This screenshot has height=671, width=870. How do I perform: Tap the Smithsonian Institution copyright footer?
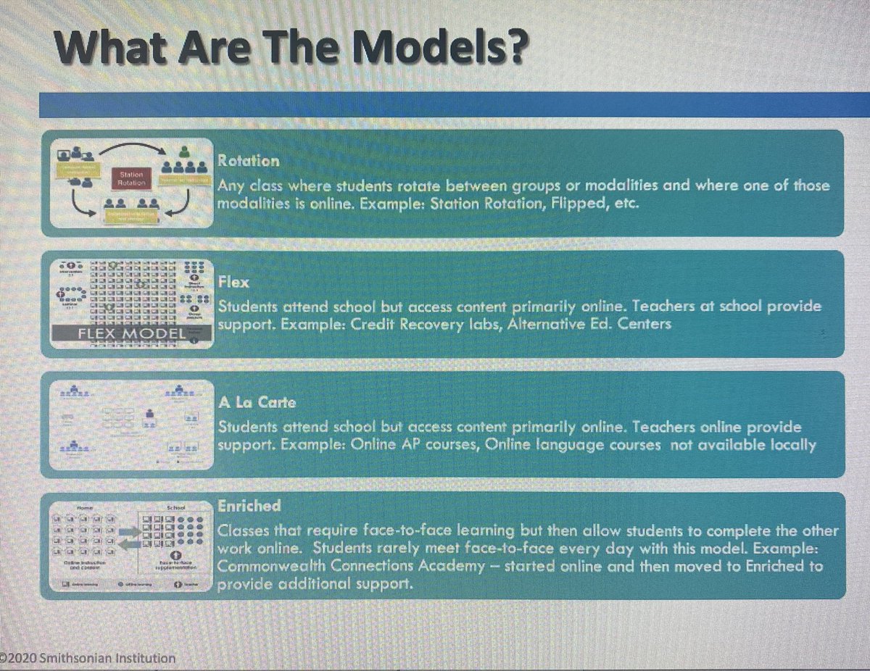[89, 658]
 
